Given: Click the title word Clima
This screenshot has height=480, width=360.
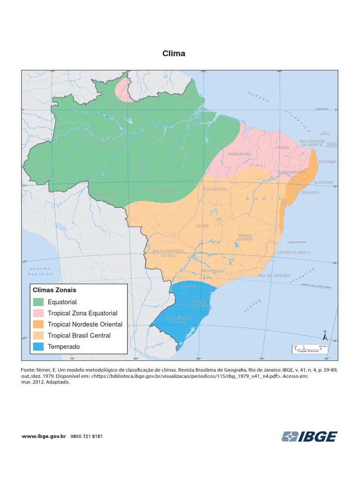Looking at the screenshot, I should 173,53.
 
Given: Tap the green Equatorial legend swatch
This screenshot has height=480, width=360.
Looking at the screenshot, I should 38,302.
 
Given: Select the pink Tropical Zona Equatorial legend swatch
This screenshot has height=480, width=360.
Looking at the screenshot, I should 38,313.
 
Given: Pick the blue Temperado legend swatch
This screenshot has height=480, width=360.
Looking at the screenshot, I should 38,347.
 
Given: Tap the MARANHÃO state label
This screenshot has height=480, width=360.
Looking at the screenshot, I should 240,154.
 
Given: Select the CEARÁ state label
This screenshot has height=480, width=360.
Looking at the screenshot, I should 282,148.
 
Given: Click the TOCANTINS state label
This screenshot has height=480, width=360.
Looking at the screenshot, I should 216,189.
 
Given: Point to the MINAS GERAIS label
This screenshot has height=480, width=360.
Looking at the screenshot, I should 245,237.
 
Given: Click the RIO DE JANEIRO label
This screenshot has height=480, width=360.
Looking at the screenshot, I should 274,276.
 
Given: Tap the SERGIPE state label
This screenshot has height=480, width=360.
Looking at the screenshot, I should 310,193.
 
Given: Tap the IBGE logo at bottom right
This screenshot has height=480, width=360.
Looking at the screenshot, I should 309,436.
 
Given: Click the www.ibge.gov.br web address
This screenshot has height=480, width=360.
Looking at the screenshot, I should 44,436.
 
